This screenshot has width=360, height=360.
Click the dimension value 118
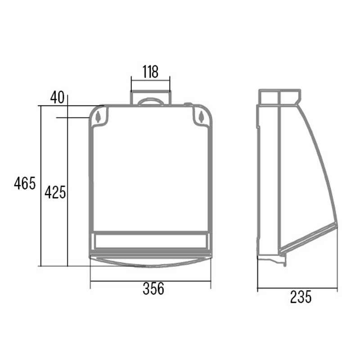[x=150, y=72]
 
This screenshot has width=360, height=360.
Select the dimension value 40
[x=58, y=97]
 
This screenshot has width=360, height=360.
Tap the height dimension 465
[x=25, y=183]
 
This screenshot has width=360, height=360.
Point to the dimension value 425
[x=55, y=192]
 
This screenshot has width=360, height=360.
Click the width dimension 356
[x=153, y=288]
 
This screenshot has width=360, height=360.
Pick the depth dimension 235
[x=301, y=297]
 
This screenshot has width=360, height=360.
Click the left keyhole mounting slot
[x=98, y=117]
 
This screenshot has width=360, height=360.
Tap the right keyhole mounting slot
[x=201, y=117]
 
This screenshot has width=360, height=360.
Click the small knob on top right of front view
[x=188, y=104]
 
